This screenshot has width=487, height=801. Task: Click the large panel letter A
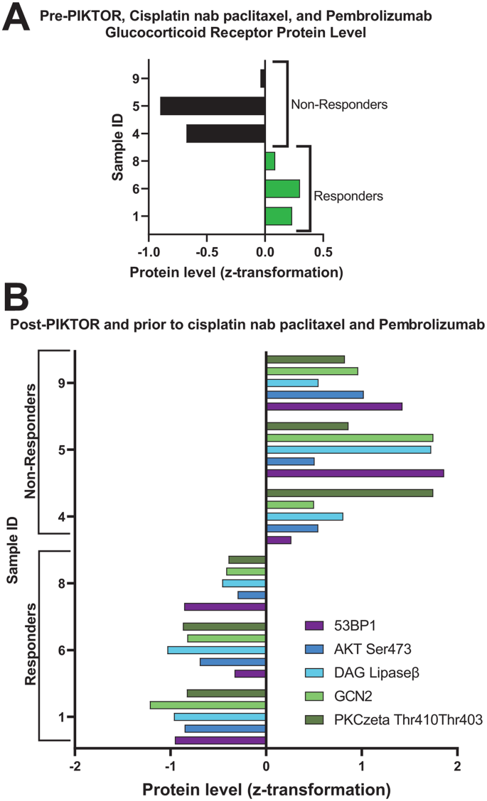[16, 17]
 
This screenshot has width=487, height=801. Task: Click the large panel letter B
[17, 296]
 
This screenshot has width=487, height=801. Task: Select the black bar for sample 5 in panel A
[213, 106]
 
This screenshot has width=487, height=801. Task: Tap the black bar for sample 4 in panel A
[225, 133]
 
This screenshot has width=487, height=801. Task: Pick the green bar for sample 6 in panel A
[282, 188]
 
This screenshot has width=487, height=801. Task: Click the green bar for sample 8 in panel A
[270, 161]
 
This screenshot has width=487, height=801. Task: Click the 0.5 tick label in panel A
[323, 251]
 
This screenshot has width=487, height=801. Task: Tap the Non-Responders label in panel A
[338, 104]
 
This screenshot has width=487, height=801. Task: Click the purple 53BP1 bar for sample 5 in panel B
[355, 473]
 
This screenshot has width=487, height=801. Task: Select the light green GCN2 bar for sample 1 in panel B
[208, 704]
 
